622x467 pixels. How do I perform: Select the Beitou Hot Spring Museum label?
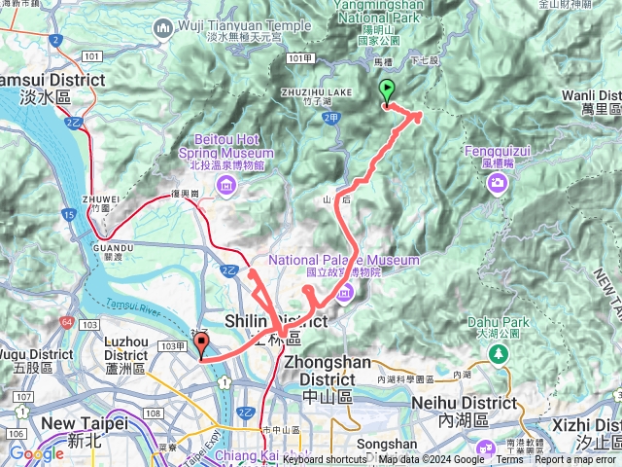pyautogui.click(x=226, y=153)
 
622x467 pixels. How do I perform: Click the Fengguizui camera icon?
pyautogui.click(x=498, y=183)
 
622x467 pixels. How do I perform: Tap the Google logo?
pyautogui.click(x=36, y=453)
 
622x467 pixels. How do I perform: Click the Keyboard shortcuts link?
pyautogui.click(x=326, y=459)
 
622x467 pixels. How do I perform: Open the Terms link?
pyautogui.click(x=509, y=459)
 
